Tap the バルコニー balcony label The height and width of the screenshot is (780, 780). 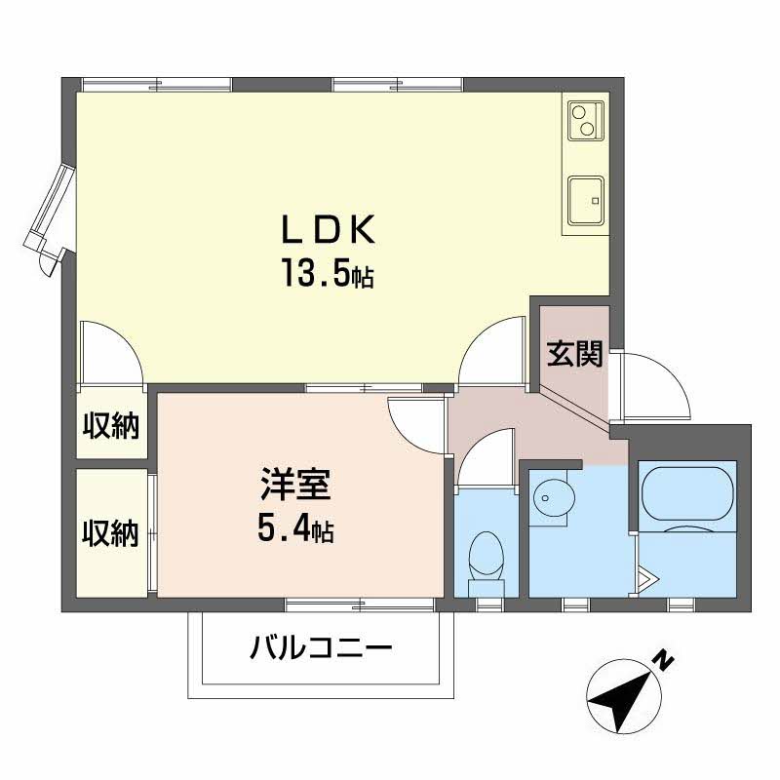pyautogui.click(x=321, y=646)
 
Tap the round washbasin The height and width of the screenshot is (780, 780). pyautogui.click(x=554, y=498)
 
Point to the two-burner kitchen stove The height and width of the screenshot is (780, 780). pyautogui.click(x=584, y=120)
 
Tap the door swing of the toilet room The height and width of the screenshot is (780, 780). pyautogui.click(x=486, y=458)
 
